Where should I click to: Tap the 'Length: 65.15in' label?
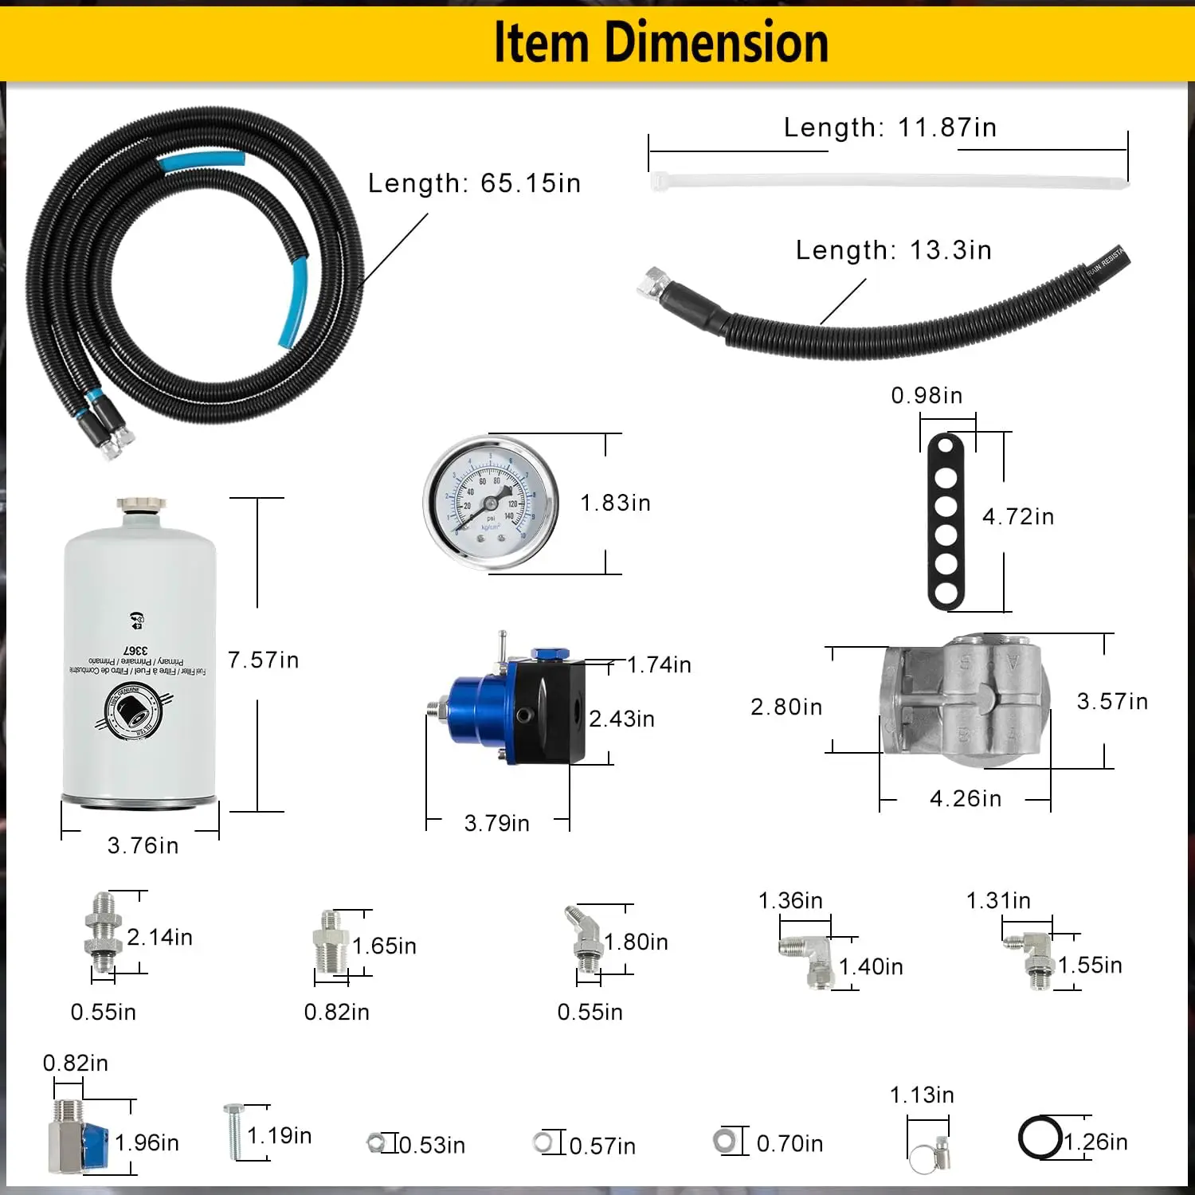[474, 183]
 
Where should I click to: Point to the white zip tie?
[888, 181]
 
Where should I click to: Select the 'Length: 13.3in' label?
[893, 250]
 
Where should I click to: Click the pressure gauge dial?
[491, 503]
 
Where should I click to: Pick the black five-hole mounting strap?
[946, 522]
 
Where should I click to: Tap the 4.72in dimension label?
[1017, 517]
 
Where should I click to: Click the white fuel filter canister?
[139, 653]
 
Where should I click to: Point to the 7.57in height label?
[263, 660]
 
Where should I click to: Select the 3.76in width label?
[143, 845]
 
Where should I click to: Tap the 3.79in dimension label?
[496, 823]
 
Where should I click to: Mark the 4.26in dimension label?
[965, 798]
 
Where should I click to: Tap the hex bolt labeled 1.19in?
[234, 1131]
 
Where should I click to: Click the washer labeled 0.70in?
[725, 1141]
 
